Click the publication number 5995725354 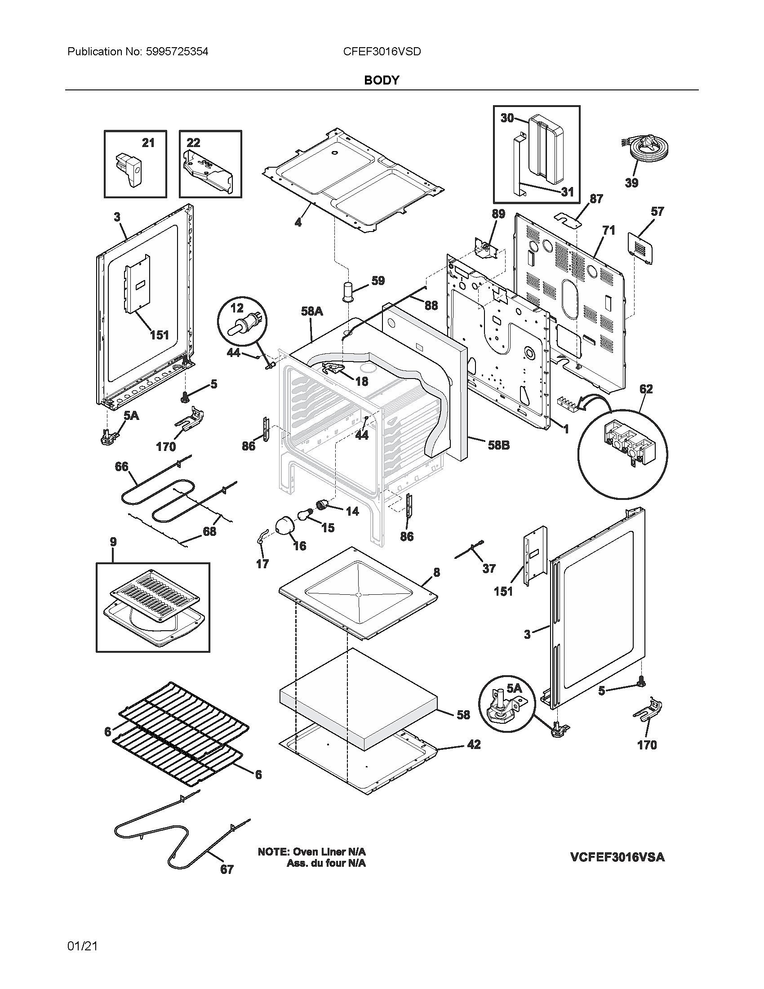[177, 52]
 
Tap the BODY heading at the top [382, 80]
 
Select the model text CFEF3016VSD [382, 52]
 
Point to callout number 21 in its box [148, 143]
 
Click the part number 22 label [193, 143]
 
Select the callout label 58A [312, 311]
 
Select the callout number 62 [646, 389]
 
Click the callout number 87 [596, 199]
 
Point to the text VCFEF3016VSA [617, 857]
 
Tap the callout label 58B [498, 445]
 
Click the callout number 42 [473, 744]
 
